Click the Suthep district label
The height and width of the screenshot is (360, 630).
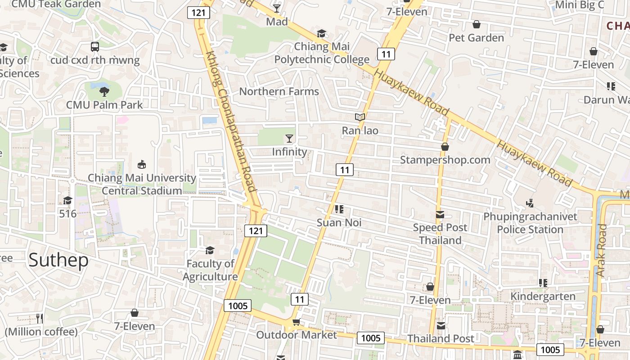click(x=58, y=261)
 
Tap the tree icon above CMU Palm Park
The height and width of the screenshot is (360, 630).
click(x=104, y=92)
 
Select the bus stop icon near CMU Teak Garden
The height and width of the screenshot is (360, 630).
click(x=95, y=46)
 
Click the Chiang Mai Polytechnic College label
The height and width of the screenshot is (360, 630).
click(x=322, y=53)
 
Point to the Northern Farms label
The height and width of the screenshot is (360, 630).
click(x=279, y=91)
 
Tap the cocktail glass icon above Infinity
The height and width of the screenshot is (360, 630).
click(x=289, y=138)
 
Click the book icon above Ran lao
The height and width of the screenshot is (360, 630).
click(x=360, y=117)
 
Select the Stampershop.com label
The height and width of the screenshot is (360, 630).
click(x=445, y=160)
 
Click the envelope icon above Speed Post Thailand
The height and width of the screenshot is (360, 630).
click(x=440, y=215)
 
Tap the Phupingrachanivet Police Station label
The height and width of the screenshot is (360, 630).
click(x=530, y=223)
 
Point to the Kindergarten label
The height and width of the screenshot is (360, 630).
click(x=543, y=296)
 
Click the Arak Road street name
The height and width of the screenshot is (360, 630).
click(x=601, y=250)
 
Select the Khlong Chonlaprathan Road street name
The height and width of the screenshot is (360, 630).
click(x=231, y=121)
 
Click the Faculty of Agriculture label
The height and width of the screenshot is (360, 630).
click(x=210, y=270)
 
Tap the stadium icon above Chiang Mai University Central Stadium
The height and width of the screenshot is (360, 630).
click(x=142, y=164)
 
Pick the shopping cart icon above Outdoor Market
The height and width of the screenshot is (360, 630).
click(x=296, y=322)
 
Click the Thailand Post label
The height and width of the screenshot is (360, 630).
click(x=441, y=338)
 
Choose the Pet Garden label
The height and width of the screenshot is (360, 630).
click(x=476, y=37)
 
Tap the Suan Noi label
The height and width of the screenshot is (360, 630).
click(x=339, y=222)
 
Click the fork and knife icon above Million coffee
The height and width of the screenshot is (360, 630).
click(x=40, y=319)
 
